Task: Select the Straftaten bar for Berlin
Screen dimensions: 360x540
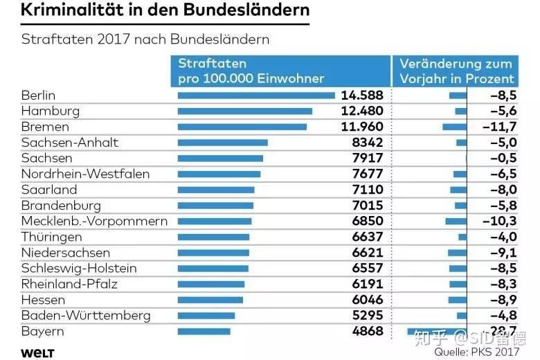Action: (x=256, y=96)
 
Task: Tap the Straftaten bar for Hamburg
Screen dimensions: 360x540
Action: (x=245, y=111)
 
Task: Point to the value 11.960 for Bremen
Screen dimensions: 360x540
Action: (x=361, y=127)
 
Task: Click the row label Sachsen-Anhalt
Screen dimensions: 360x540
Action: (x=70, y=143)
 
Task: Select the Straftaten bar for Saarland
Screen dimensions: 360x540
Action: (x=216, y=190)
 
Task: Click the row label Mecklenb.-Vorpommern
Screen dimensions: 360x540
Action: (x=94, y=222)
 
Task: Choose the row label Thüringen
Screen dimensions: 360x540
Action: (x=52, y=237)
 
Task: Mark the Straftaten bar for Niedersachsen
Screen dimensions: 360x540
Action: (x=213, y=253)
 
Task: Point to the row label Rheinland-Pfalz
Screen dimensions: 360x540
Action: (x=69, y=285)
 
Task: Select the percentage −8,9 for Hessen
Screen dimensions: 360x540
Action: (x=502, y=300)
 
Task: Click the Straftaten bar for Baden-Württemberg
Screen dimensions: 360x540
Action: (x=206, y=316)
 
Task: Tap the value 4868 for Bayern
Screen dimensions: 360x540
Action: (x=367, y=331)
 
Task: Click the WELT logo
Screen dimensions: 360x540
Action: (x=37, y=353)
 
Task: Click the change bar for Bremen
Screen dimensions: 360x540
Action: (x=454, y=127)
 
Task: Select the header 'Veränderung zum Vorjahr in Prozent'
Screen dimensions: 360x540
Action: (x=457, y=71)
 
